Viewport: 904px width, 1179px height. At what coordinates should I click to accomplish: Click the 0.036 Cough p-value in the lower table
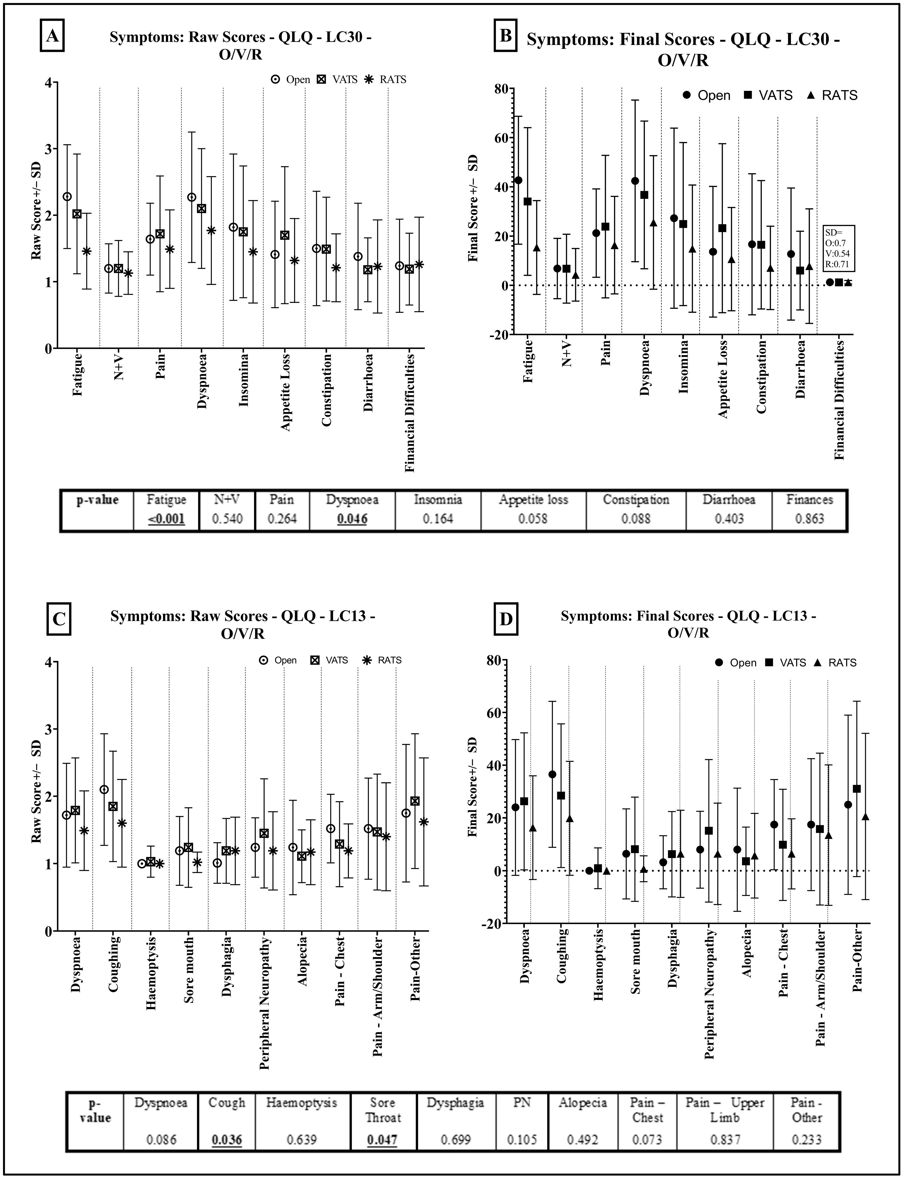(227, 1139)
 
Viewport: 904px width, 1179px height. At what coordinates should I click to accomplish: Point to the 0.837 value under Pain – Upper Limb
(725, 1139)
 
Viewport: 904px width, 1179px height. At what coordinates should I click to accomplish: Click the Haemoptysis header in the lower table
(301, 1103)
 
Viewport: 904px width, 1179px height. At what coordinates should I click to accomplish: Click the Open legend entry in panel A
(291, 80)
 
